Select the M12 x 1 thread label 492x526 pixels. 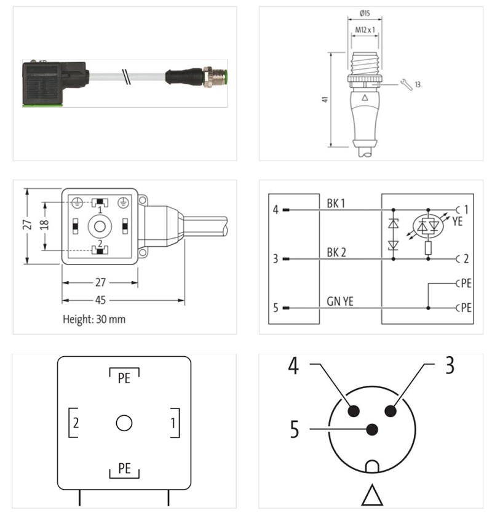pyautogui.click(x=364, y=29)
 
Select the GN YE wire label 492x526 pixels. pyautogui.click(x=339, y=301)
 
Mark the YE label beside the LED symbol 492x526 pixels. pyautogui.click(x=457, y=222)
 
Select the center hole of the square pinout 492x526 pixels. pyautogui.click(x=124, y=423)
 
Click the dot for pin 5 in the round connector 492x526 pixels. pyautogui.click(x=371, y=429)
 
